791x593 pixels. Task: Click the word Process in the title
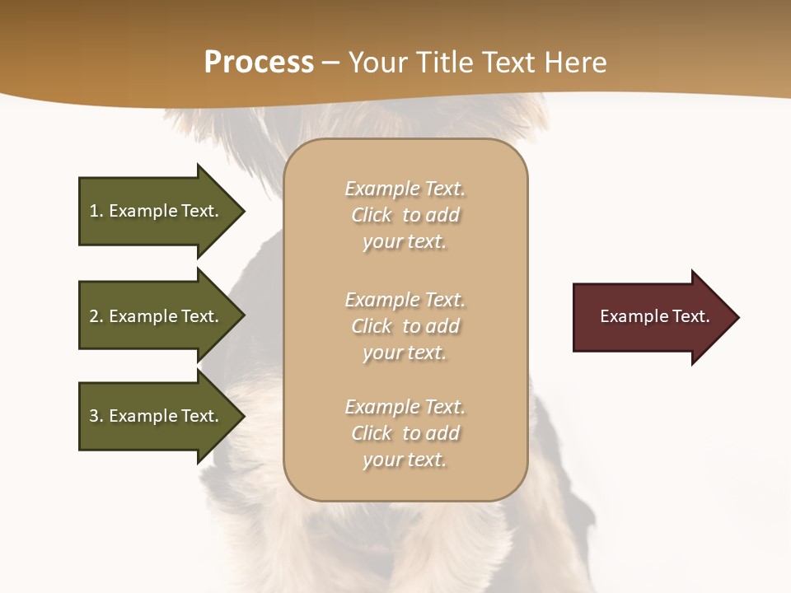point(259,63)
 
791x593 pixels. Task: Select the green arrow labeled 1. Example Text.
point(157,211)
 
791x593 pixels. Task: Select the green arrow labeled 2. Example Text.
point(157,316)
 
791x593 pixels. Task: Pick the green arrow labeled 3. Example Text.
point(157,416)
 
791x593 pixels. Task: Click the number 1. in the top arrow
point(96,211)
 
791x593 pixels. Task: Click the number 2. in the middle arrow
point(96,316)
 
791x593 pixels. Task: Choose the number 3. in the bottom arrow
point(96,416)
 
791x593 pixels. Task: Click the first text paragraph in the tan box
point(405,215)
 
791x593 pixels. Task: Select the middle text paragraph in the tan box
point(405,326)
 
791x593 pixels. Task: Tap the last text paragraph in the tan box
point(405,433)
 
